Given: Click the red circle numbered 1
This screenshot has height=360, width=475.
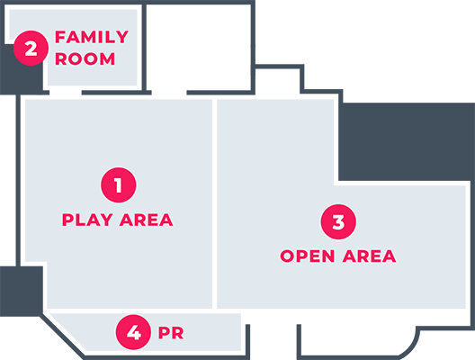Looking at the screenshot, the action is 119,184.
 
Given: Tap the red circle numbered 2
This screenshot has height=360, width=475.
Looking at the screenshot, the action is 31,48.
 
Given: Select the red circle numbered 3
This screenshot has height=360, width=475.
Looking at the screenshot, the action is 338,221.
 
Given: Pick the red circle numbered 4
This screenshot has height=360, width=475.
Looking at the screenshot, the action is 133,332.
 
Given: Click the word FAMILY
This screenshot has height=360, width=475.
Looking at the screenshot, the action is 92,37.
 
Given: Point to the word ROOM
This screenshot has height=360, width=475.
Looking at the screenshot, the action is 85,58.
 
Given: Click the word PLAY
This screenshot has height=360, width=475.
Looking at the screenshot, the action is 87,220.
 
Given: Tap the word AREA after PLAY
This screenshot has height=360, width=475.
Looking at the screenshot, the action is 147,220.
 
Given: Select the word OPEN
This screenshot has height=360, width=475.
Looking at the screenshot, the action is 308,256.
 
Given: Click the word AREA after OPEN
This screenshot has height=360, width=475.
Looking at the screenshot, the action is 369,256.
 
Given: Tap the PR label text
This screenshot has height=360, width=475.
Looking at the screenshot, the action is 171,333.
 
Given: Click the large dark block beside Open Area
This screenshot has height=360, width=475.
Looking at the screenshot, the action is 407,141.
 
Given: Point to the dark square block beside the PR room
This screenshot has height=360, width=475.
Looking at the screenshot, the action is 22,292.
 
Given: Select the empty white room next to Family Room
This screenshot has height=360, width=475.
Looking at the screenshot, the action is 199,47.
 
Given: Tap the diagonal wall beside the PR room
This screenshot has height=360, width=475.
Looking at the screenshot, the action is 62,337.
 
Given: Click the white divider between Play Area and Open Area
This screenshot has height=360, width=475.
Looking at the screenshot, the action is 214,203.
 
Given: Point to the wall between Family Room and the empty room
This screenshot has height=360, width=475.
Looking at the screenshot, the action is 144,48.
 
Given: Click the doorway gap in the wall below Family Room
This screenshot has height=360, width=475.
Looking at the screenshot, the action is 66,93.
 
